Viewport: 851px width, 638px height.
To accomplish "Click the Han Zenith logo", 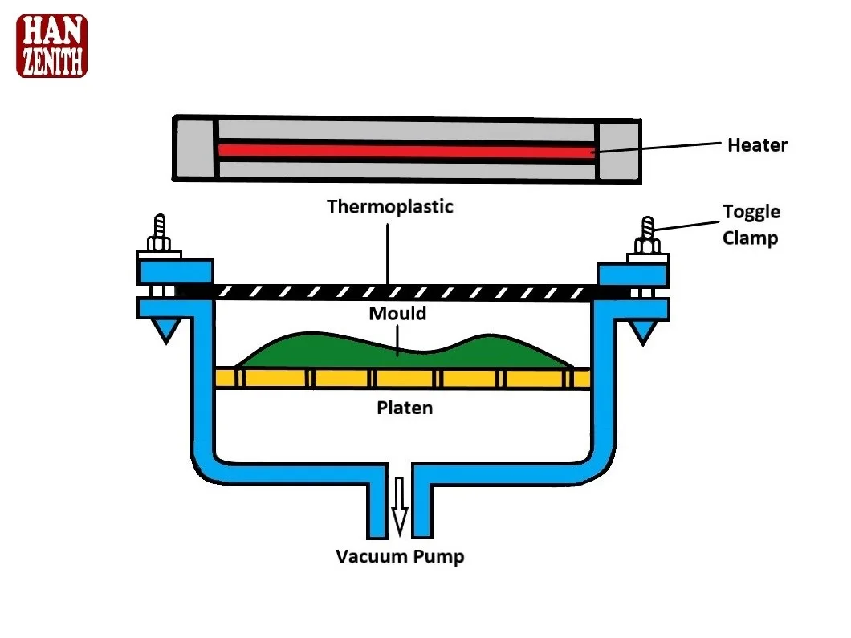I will (x=51, y=46).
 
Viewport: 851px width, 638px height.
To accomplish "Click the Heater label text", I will (x=757, y=145).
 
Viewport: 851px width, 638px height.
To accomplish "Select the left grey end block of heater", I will (x=195, y=149).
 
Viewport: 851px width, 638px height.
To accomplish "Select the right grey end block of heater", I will (x=617, y=150).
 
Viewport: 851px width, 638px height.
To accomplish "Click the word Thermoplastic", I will (x=390, y=207).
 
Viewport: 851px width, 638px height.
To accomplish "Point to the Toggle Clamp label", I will (x=751, y=225).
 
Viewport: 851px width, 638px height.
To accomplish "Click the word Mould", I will (x=397, y=313).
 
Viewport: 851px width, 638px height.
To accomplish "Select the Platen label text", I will (x=405, y=408).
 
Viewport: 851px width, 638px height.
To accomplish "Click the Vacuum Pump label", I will (x=400, y=556).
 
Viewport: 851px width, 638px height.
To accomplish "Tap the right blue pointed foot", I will (x=641, y=329).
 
